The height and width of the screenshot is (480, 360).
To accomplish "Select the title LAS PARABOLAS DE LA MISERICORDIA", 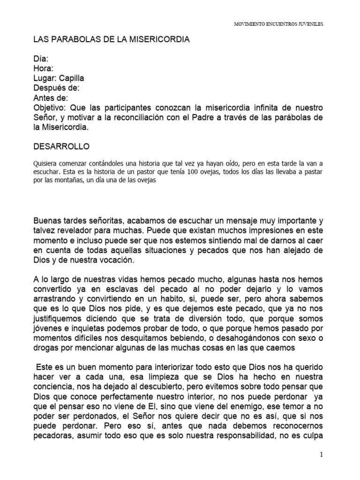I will [112, 40].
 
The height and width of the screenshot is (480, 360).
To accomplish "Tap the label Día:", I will [41, 59].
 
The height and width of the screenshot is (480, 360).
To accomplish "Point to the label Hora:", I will [44, 68].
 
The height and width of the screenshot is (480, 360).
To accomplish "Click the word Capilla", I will [72, 78].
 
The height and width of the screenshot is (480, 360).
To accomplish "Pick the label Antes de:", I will [51, 98].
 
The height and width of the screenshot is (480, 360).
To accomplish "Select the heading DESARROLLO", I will [61, 147].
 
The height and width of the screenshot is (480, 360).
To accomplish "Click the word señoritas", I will [111, 220].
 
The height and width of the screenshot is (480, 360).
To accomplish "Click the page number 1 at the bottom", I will [322, 455].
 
